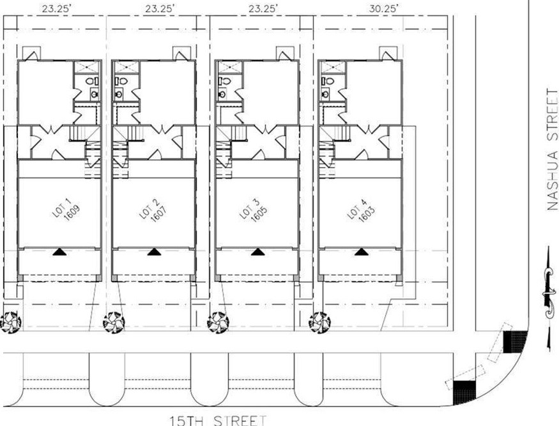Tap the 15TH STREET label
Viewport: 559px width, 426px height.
tap(217, 420)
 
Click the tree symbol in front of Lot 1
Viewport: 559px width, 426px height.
tap(11, 322)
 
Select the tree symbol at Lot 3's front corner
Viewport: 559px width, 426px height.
tap(218, 322)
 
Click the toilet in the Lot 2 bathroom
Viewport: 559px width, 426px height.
tap(119, 82)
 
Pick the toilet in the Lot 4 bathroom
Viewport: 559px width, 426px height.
tap(326, 82)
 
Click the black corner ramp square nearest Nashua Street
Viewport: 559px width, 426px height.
tap(514, 342)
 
